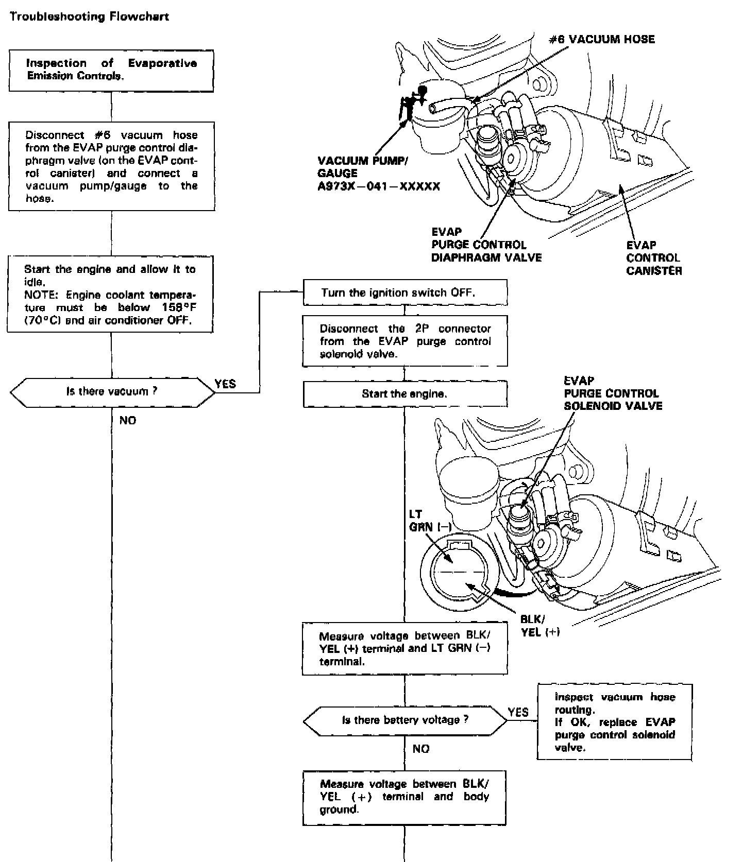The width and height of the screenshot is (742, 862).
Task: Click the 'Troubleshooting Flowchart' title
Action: point(89,16)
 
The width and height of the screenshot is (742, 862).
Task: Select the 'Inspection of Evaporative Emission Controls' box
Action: point(111,71)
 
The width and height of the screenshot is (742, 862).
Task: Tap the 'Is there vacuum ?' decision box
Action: point(112,392)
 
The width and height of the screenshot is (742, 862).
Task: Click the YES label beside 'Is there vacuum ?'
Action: point(225,384)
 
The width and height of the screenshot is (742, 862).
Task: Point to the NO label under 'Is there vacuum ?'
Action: point(128,421)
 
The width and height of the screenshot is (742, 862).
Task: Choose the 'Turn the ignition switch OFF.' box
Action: point(404,292)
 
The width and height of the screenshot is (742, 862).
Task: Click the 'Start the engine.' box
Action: point(404,394)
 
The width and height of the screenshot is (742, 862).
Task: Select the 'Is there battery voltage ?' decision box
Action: point(405,720)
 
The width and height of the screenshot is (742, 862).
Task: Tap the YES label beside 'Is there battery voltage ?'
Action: point(518,712)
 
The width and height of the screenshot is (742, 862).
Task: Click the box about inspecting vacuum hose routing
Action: point(615,722)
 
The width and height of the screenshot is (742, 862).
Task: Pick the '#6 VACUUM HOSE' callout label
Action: point(601,40)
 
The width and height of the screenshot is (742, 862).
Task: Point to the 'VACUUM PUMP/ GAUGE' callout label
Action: point(363,167)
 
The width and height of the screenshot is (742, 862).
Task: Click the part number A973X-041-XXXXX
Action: point(379,186)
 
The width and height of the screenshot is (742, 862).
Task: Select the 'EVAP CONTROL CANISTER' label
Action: point(654,258)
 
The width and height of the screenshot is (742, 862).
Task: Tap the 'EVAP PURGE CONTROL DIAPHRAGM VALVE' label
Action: point(486,245)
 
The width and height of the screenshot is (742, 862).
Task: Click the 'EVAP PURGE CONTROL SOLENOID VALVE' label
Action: point(613,393)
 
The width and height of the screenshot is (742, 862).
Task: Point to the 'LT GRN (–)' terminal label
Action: point(429,521)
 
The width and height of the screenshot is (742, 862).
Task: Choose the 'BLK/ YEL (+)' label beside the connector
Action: point(539,626)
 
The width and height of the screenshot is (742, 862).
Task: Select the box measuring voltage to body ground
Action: point(404,797)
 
